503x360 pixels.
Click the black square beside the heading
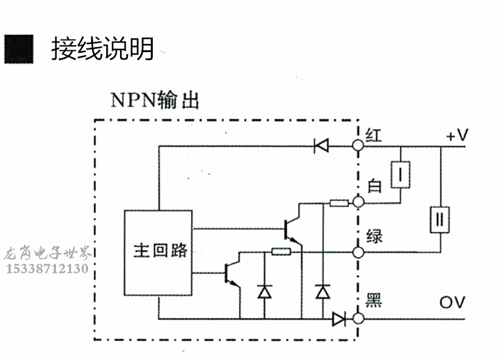pos(18,48)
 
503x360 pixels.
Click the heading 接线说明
pos(102,48)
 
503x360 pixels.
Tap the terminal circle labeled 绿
pos(358,252)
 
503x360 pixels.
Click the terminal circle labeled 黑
pos(358,319)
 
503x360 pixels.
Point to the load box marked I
pos(400,175)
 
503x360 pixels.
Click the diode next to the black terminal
pos(339,319)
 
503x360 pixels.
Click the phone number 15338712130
pos(47,269)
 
